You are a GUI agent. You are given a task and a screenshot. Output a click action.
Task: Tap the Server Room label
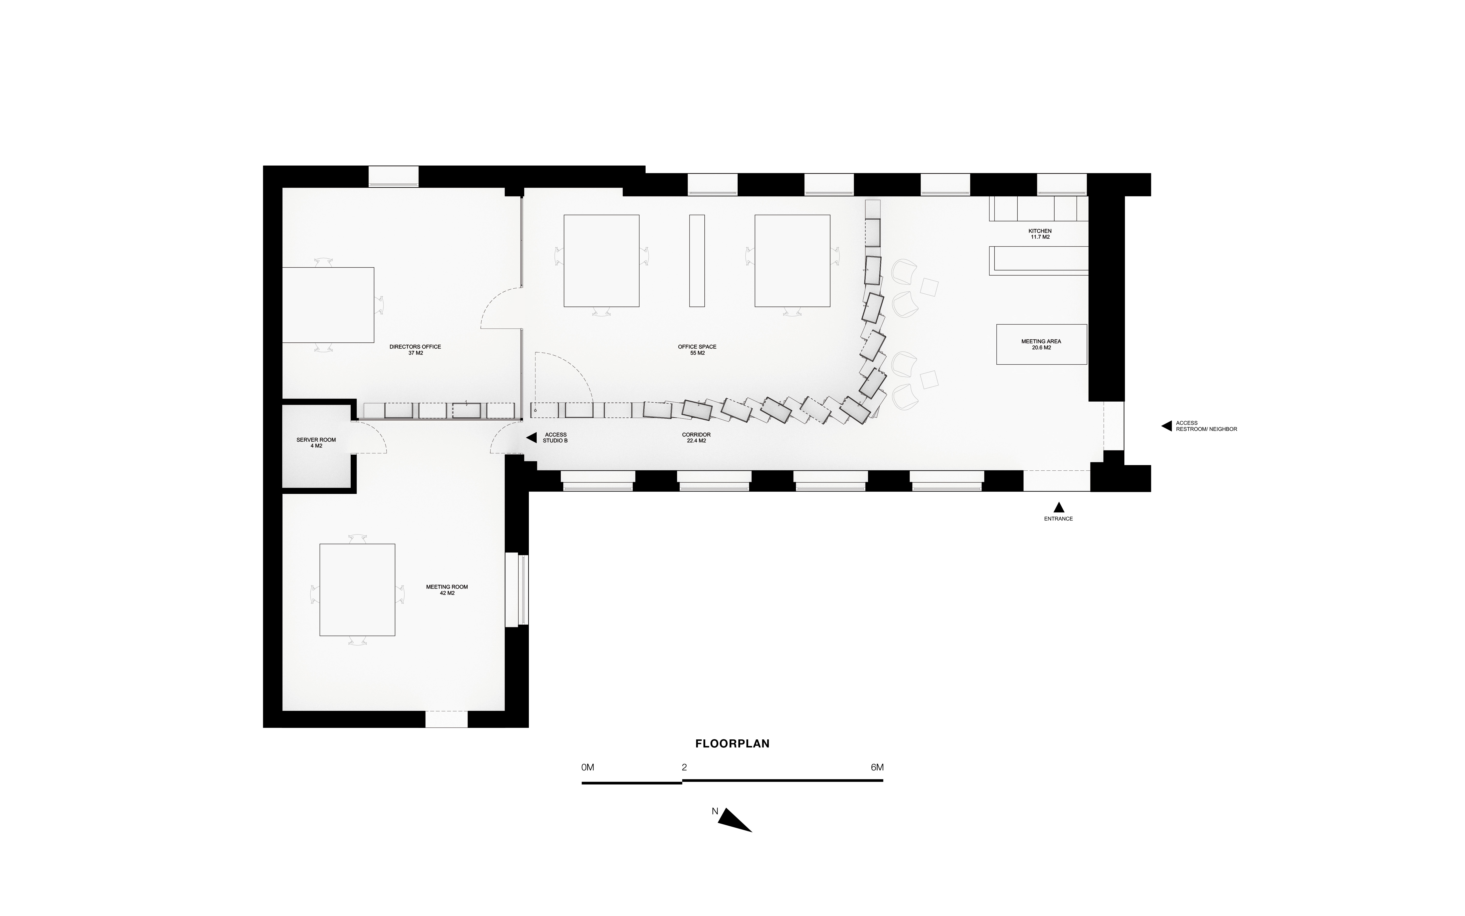pos(316,443)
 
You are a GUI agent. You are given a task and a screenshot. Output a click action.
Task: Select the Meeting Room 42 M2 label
pos(447,589)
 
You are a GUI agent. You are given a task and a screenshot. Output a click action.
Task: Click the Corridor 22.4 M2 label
pos(696,437)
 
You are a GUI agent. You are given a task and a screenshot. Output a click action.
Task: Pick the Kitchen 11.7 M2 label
pos(1040,234)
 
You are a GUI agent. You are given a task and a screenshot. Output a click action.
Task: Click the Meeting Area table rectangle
pos(1041,344)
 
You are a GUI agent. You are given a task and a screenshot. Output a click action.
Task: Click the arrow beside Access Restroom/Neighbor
pos(1167,426)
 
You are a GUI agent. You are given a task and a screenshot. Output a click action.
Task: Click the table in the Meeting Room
pos(357,589)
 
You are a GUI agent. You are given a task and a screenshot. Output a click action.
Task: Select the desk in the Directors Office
pos(328,305)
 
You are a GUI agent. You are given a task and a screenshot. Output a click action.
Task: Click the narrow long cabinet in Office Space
pos(697,260)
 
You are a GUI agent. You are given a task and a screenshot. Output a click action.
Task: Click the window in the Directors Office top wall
pos(394,176)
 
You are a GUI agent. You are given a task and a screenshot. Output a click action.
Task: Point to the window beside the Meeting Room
pos(516,589)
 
